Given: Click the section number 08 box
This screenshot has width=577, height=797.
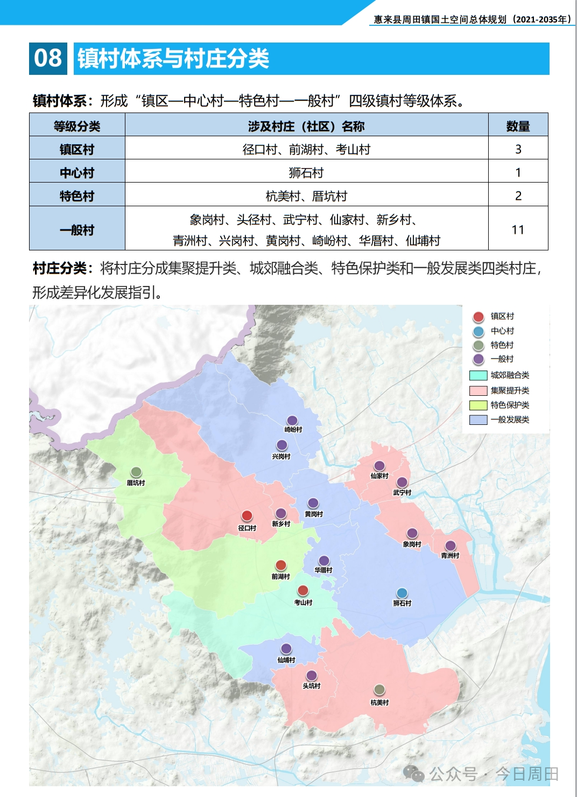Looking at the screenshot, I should (48, 58).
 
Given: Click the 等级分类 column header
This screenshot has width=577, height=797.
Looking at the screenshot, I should (77, 126).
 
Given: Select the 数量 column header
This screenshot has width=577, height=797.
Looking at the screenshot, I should (518, 126).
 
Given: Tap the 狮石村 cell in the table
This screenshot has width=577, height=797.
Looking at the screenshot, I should (306, 173).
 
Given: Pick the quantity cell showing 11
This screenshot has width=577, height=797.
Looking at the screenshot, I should (518, 230).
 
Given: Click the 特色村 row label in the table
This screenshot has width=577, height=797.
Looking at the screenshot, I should (77, 196).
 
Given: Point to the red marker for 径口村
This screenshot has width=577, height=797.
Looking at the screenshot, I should (247, 516).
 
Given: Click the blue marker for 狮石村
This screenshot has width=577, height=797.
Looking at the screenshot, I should (402, 593).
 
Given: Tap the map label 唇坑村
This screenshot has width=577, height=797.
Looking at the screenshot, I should (136, 483).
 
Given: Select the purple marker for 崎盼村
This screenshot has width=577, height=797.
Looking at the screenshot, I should (292, 420).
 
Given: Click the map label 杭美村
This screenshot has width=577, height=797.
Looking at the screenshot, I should (379, 703).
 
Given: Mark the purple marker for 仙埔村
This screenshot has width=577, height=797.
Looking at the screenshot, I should (286, 649).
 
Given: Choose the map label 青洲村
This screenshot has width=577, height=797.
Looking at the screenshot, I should (450, 556).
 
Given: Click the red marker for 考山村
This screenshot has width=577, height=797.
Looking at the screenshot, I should (303, 591).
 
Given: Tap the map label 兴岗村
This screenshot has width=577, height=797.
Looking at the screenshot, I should (281, 457).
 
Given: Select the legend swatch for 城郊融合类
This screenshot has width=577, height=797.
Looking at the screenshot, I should (479, 375).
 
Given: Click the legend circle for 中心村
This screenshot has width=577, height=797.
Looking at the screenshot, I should (479, 331).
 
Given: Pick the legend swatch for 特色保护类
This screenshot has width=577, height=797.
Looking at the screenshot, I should (479, 405).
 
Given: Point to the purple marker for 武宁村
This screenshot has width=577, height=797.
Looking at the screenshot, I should (402, 482).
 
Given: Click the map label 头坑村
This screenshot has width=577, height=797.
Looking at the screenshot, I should (311, 686).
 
